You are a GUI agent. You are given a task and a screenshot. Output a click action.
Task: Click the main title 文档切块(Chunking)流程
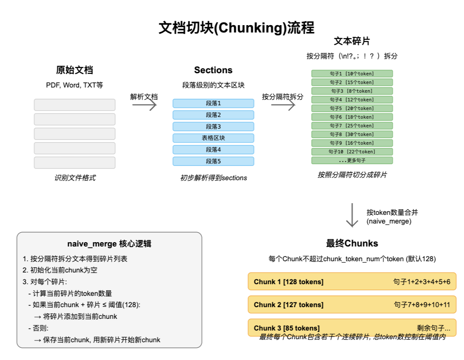236,28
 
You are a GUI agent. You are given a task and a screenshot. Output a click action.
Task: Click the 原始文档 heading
74,70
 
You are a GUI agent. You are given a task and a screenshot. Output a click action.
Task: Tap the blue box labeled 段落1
213,104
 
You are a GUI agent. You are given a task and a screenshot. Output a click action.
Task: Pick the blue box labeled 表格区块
213,138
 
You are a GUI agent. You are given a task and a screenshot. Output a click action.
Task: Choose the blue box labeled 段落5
213,161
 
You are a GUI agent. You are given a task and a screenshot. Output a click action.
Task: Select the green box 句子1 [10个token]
352,74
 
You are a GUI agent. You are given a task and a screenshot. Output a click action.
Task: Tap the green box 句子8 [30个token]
352,134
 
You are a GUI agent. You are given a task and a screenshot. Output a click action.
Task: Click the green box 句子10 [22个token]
352,152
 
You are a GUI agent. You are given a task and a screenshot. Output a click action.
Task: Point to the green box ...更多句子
352,160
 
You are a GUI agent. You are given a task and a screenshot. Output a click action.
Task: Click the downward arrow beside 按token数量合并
352,215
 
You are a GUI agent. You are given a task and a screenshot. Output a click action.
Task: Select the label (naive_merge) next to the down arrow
389,221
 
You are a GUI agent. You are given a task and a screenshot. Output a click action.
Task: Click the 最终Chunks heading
352,243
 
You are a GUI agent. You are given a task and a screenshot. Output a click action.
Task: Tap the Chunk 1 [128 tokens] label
289,282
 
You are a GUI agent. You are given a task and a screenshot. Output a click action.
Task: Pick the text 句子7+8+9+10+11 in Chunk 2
422,305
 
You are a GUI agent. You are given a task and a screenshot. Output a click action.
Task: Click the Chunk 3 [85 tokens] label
287,328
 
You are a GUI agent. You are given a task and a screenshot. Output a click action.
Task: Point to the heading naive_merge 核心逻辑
109,244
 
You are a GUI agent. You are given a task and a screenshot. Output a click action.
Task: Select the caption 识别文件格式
74,178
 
